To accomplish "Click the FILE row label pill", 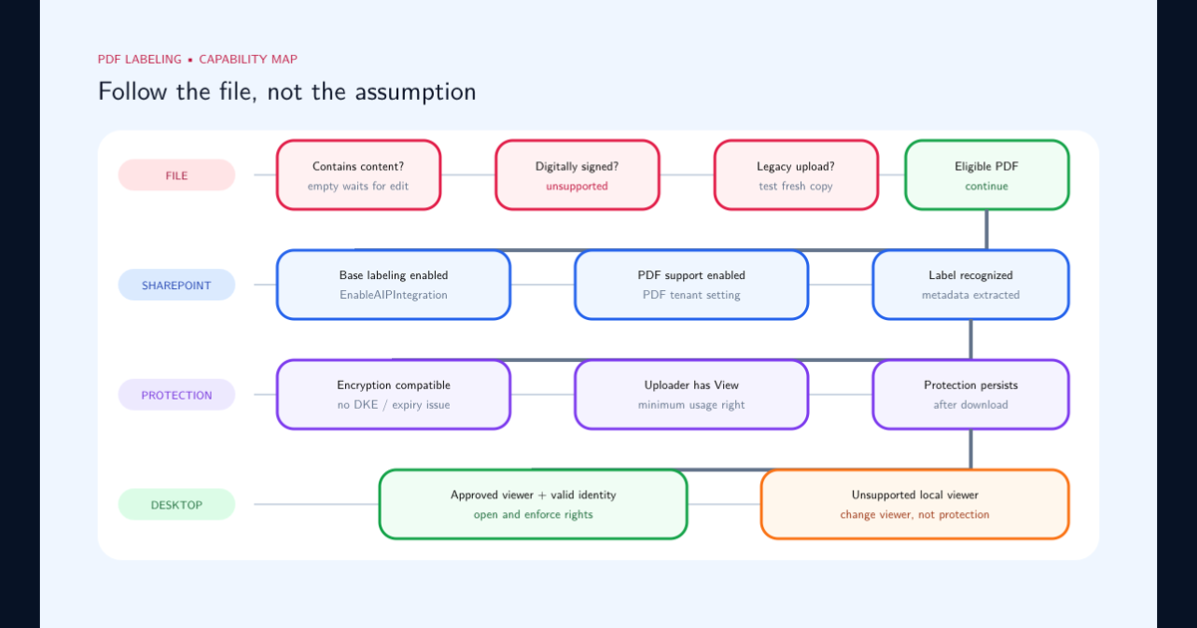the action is click(x=177, y=175).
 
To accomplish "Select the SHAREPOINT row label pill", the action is click(x=177, y=285).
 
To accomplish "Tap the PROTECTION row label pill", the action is click(x=177, y=395).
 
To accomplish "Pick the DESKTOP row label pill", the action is click(x=177, y=504).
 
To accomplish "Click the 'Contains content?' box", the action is click(x=358, y=175).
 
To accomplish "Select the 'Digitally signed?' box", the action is click(x=578, y=175).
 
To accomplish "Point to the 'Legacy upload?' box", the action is click(x=796, y=175).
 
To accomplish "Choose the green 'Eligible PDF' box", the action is click(x=987, y=175).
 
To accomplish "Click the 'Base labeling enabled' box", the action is click(x=393, y=285).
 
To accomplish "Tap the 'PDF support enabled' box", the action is click(x=691, y=285).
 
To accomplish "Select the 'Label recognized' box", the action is click(x=971, y=285).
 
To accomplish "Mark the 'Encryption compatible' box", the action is click(x=393, y=395).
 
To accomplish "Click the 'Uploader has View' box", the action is click(x=691, y=395).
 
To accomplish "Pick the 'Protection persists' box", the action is click(x=971, y=395).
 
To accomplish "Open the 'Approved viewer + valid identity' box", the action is click(x=533, y=504).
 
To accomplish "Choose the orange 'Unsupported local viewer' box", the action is click(x=915, y=504).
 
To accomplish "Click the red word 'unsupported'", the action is click(x=577, y=186).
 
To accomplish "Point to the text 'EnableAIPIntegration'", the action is click(x=393, y=295).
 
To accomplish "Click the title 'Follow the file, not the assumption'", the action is click(x=287, y=92).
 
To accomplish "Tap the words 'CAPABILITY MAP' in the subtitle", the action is click(x=248, y=59).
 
